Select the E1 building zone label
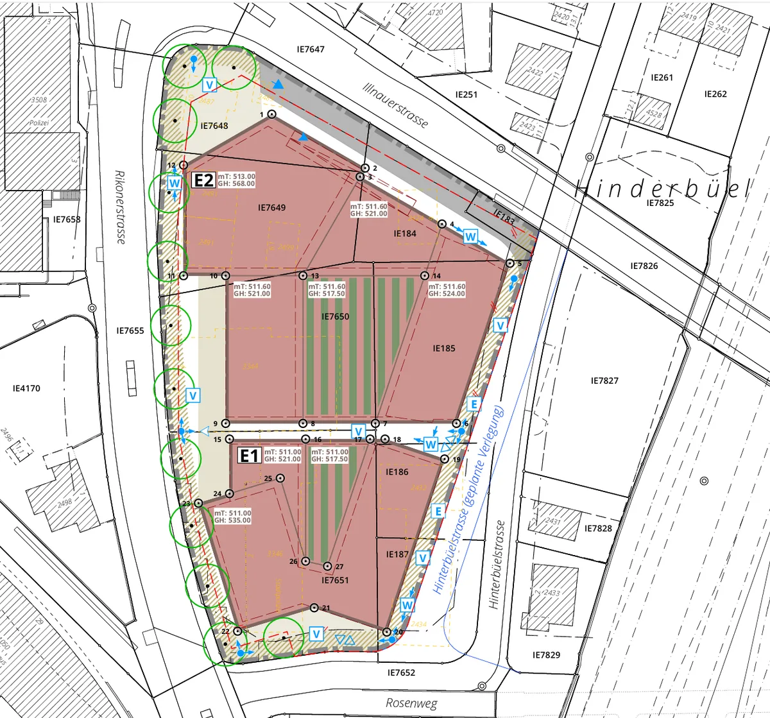coord(249,456)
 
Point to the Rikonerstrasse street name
coord(119,207)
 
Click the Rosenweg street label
coord(411,702)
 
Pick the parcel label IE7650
coord(335,316)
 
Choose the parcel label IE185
coord(444,348)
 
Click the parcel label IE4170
coord(26,388)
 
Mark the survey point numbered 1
coord(271,114)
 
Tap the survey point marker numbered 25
coord(280,478)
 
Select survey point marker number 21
coord(314,608)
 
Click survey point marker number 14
coord(424,276)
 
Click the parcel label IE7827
coord(604,380)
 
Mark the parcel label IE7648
coord(214,126)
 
